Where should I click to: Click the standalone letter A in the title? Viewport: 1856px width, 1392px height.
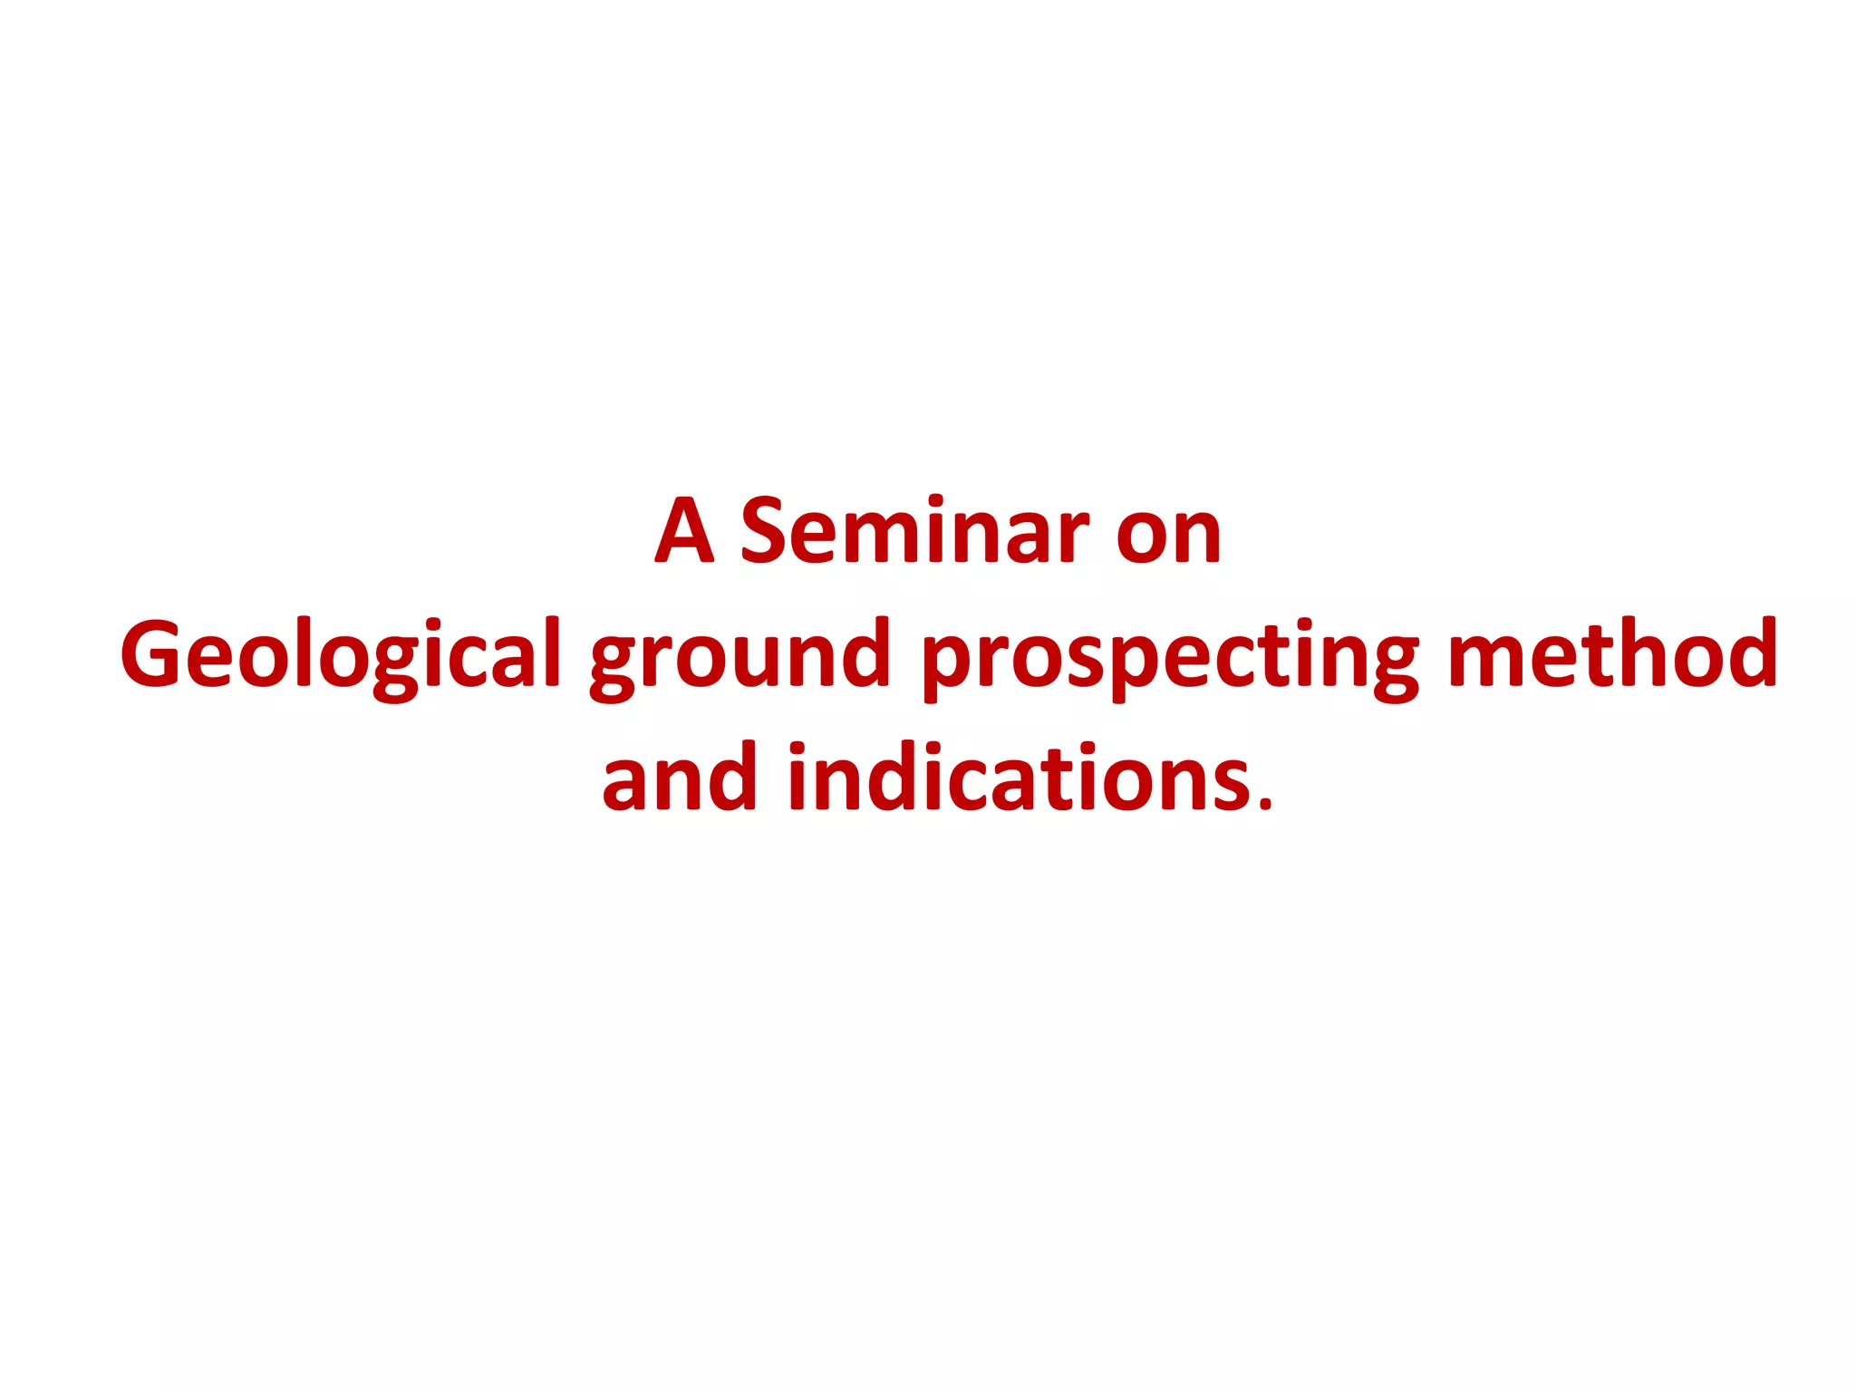[x=684, y=531]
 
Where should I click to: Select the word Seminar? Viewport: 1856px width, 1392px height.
[x=915, y=531]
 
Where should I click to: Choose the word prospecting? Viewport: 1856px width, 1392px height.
[x=1170, y=654]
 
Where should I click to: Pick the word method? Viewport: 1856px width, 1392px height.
[x=1612, y=654]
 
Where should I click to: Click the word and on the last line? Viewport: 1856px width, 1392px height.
[x=679, y=778]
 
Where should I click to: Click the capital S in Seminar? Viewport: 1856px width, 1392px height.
[x=769, y=531]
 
